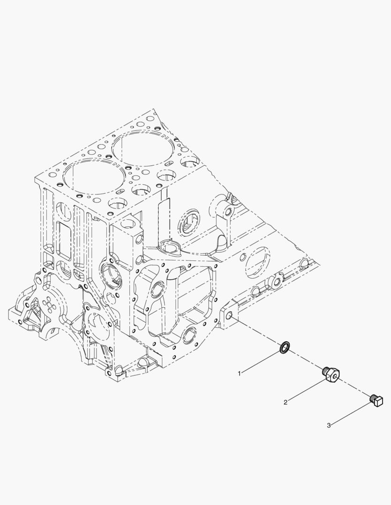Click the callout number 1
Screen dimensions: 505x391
[x=239, y=373]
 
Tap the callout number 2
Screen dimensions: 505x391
[x=285, y=402]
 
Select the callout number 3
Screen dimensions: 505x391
[x=329, y=425]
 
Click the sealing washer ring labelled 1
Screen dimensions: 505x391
[x=284, y=347]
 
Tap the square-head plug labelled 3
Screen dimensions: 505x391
[x=377, y=400]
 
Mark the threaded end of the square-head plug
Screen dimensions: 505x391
[x=373, y=397]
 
